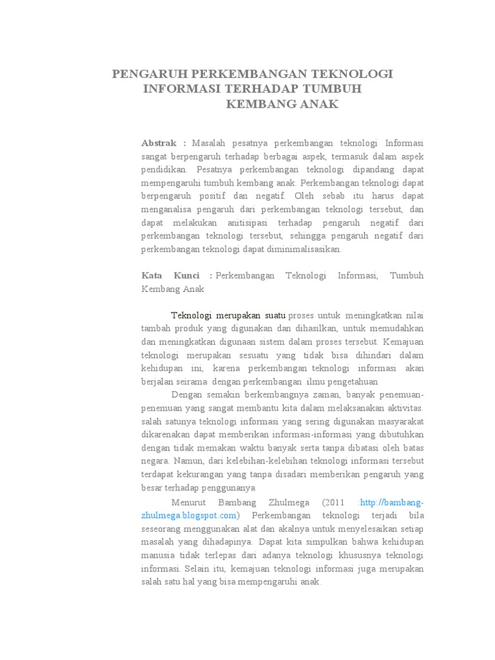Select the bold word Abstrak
(x=159, y=142)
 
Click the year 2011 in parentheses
(x=343, y=503)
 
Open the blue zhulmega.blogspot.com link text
(x=189, y=516)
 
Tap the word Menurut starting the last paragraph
(x=188, y=503)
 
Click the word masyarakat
(x=398, y=422)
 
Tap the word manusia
(x=159, y=556)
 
